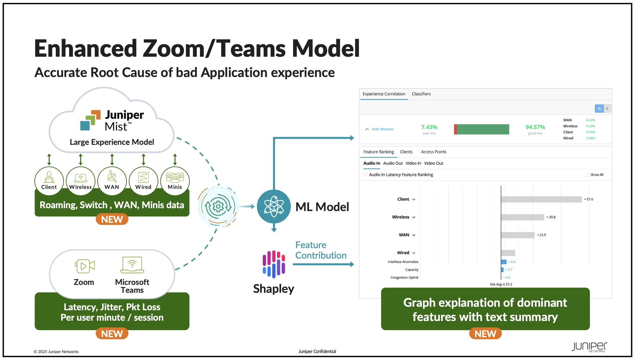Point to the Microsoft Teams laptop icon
pyautogui.click(x=132, y=265)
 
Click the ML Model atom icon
pyautogui.click(x=274, y=207)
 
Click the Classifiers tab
pyautogui.click(x=421, y=94)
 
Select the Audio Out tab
pyautogui.click(x=393, y=163)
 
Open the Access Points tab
pyautogui.click(x=433, y=152)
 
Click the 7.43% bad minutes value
pyautogui.click(x=429, y=127)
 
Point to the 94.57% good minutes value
pyautogui.click(x=535, y=127)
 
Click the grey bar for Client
pyautogui.click(x=541, y=199)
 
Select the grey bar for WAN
pyautogui.click(x=518, y=235)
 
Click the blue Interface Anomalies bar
pyautogui.click(x=504, y=262)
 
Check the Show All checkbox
pyautogui.click(x=587, y=175)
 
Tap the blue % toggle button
pyautogui.click(x=599, y=109)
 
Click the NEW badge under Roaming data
pyautogui.click(x=112, y=219)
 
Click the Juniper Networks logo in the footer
pyautogui.click(x=589, y=347)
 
